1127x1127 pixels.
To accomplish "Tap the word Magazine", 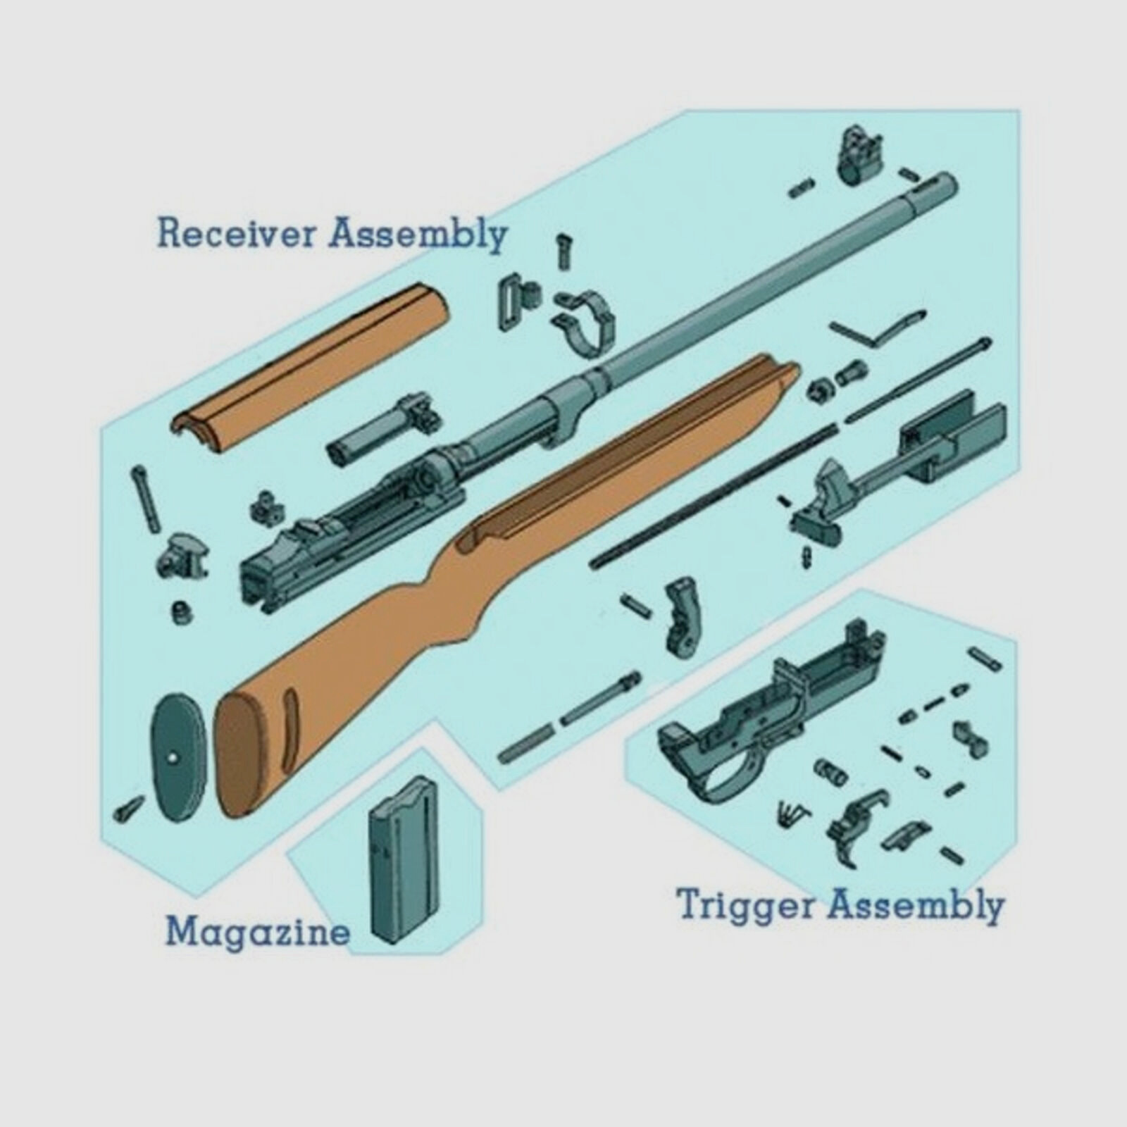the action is [258, 932].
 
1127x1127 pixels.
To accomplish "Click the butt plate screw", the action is [128, 811].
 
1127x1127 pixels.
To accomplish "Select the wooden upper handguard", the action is [310, 359].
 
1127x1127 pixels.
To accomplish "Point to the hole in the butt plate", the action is [173, 760].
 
